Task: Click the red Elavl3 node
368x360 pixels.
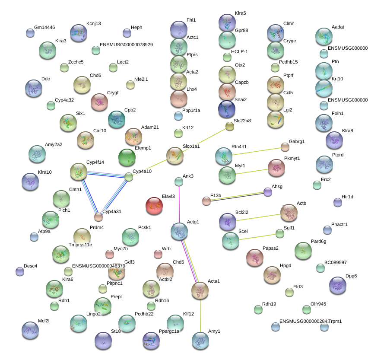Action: point(154,206)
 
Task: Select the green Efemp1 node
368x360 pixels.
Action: point(127,158)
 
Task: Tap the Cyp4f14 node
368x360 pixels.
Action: point(78,172)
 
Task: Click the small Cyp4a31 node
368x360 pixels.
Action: point(99,217)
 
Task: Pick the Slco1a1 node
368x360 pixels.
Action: point(175,156)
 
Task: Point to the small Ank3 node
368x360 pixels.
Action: point(179,182)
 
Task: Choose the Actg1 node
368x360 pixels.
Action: point(179,232)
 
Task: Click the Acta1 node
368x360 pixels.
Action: point(200,291)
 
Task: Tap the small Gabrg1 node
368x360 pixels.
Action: point(285,147)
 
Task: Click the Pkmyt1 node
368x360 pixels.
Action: point(276,168)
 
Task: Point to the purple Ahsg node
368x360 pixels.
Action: point(268,192)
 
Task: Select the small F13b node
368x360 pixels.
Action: point(206,201)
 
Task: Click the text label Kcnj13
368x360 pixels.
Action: point(93,23)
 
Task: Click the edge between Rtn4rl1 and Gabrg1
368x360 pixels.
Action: point(255,152)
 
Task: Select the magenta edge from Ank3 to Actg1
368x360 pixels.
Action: point(179,203)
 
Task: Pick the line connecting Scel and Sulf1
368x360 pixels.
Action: point(257,238)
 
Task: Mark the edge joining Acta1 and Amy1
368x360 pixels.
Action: point(200,315)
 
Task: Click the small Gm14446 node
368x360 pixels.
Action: point(30,33)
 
